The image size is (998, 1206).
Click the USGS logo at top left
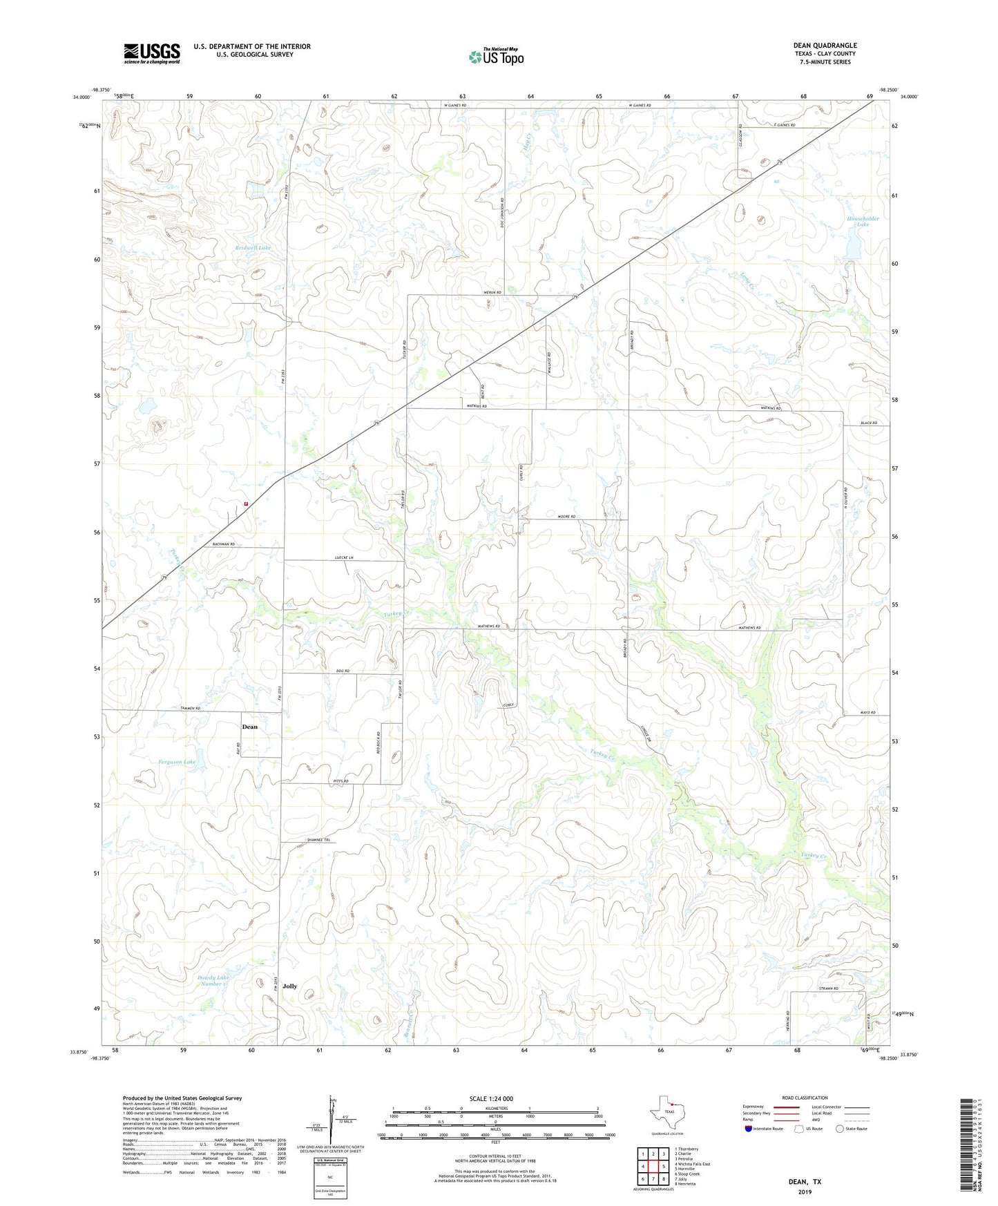point(151,53)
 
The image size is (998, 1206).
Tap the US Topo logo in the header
point(496,57)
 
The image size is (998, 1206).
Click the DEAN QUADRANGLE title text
point(825,46)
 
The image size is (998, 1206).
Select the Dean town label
point(249,727)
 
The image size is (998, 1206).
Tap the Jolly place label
point(289,986)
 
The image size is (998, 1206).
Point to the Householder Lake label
point(863,221)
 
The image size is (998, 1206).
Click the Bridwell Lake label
point(253,247)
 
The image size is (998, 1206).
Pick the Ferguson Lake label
point(177,762)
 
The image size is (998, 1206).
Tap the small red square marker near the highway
point(246,504)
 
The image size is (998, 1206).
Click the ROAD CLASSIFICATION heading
point(805,1098)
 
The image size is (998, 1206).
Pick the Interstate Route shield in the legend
point(749,1129)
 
